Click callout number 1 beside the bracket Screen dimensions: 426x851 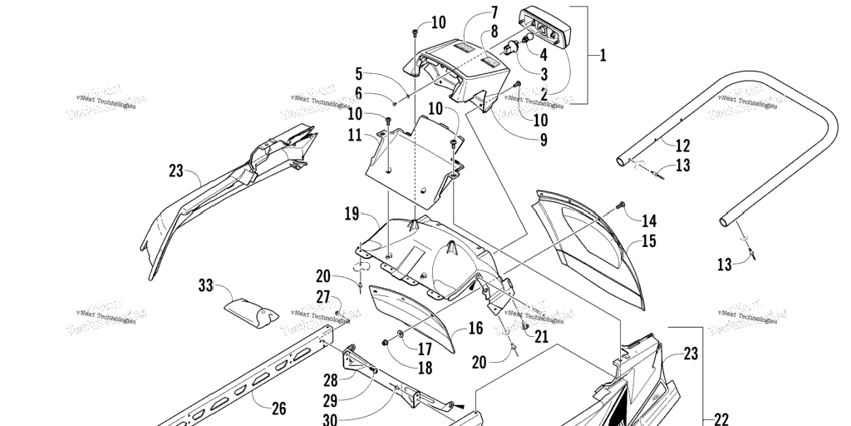[x=603, y=56]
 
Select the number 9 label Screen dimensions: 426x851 [x=544, y=140]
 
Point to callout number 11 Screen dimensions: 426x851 [x=355, y=135]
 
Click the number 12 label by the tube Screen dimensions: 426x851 [x=682, y=145]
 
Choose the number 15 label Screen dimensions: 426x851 [x=649, y=243]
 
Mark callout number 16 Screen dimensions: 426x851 [x=475, y=329]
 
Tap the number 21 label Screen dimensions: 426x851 [x=541, y=336]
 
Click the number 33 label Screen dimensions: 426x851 [x=205, y=286]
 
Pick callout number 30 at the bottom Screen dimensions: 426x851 [x=330, y=419]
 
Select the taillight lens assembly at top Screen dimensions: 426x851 [x=548, y=27]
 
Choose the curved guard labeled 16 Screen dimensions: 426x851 [x=416, y=320]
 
